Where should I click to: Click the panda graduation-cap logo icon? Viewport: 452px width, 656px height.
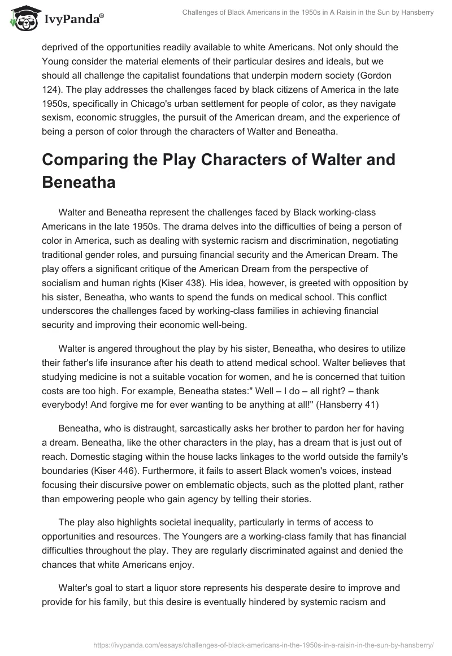pyautogui.click(x=23, y=18)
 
